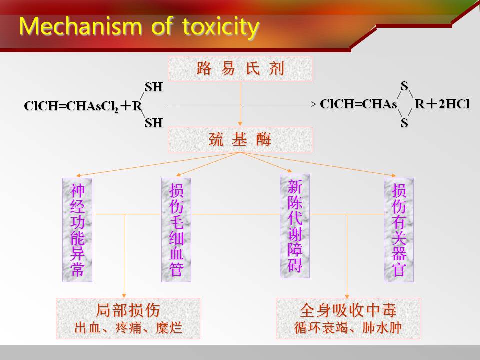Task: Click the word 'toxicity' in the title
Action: tap(220, 26)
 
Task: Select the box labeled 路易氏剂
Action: tap(240, 68)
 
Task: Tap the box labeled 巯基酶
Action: tap(240, 140)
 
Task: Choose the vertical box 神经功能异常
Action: tap(77, 230)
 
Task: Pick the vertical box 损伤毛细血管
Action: tap(176, 230)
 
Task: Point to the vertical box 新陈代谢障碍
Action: tap(295, 226)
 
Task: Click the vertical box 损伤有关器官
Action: tap(399, 230)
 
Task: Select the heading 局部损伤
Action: tap(128, 310)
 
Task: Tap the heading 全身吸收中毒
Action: tap(348, 310)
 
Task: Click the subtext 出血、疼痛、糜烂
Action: tap(128, 328)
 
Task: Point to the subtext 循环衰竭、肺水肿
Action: tap(348, 329)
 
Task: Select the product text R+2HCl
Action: tap(442, 104)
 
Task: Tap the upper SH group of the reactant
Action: tap(154, 87)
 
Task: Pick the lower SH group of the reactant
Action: tap(154, 123)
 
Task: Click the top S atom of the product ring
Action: tap(404, 86)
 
